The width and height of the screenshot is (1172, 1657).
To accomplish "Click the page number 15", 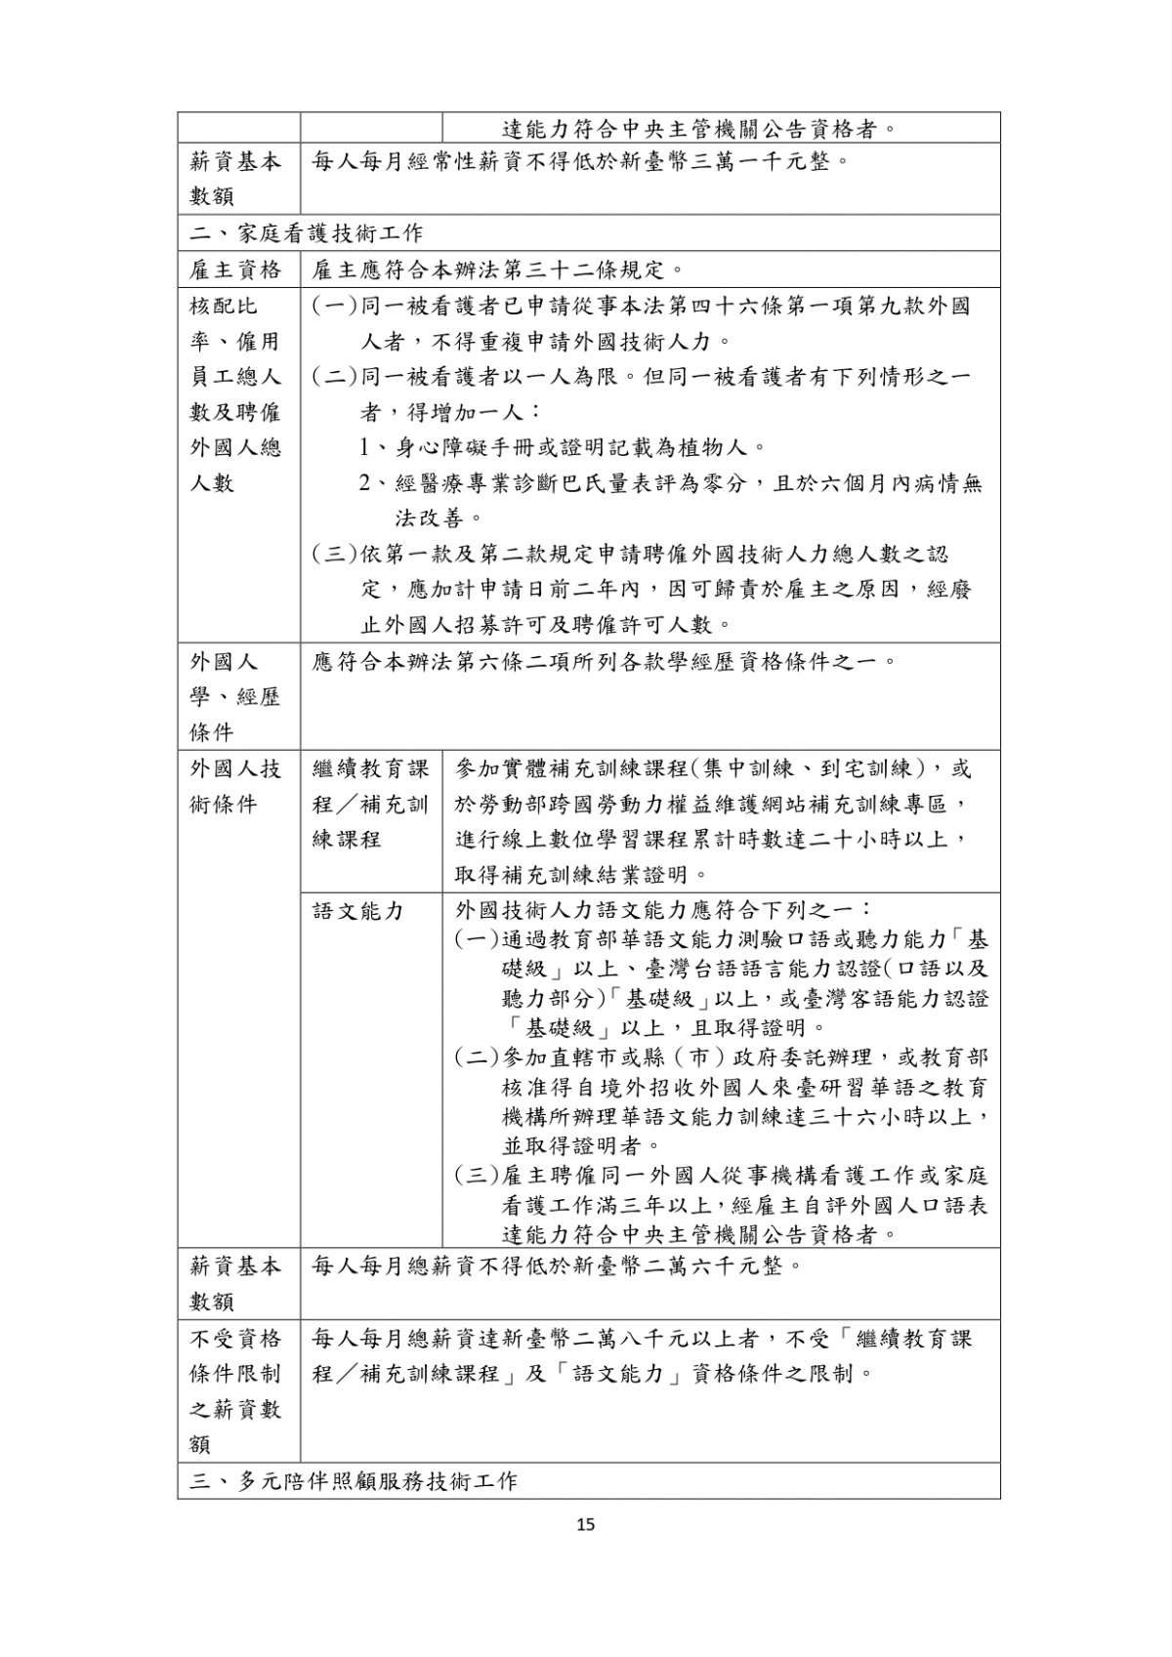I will pyautogui.click(x=586, y=1524).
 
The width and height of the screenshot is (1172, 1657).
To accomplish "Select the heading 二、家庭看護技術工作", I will pyautogui.click(x=306, y=233).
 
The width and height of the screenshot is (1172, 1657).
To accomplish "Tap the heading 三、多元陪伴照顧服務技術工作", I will pyautogui.click(x=353, y=1481).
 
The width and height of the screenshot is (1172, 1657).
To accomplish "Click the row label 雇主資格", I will pyautogui.click(x=235, y=269).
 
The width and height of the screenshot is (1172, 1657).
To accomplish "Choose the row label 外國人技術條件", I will pyautogui.click(x=235, y=787).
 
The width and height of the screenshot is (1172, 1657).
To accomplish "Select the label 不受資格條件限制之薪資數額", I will pyautogui.click(x=235, y=1390).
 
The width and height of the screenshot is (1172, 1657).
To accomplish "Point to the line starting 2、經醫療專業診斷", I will pyautogui.click(x=670, y=483).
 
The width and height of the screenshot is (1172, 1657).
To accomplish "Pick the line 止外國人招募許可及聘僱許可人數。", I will pyautogui.click(x=547, y=625).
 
